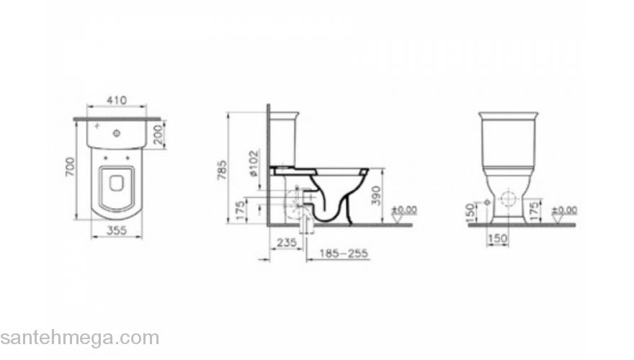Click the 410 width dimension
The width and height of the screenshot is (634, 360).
pos(117,99)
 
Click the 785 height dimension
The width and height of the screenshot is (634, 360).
pos(223,168)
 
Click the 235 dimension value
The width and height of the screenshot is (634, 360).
pos(286,244)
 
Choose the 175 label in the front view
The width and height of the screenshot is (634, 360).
pos(535,210)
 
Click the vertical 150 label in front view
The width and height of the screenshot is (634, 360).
pos(470,212)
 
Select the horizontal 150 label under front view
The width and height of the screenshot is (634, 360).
pos(499,238)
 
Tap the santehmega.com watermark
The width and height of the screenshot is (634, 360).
pos(79,338)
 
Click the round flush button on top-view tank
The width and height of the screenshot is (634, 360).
pos(117,133)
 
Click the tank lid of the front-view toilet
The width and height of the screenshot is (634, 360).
pos(508,116)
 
